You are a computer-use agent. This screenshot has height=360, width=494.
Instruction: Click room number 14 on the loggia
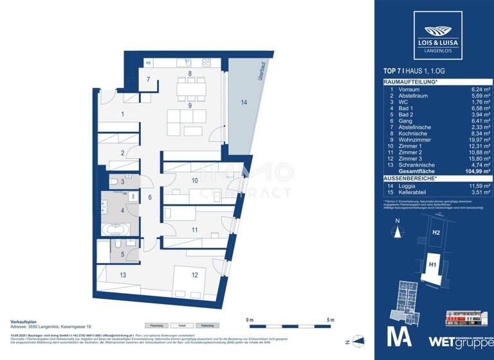click(x=243, y=103)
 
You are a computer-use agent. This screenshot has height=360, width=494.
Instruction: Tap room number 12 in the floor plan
click(x=194, y=274)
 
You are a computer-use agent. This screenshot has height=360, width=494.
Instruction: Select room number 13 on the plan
click(x=122, y=274)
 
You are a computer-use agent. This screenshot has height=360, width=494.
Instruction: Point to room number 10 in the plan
click(x=194, y=181)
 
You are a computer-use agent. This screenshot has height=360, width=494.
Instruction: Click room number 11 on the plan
click(x=194, y=230)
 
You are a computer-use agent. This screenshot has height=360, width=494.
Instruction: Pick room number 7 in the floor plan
click(x=148, y=80)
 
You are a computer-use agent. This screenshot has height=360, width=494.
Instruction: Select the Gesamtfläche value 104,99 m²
click(x=476, y=172)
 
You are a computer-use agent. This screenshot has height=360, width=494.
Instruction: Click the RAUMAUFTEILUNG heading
click(x=410, y=82)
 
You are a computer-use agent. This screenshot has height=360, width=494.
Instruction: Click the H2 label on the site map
click(x=436, y=233)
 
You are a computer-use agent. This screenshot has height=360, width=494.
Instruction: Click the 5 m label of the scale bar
click(x=330, y=319)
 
